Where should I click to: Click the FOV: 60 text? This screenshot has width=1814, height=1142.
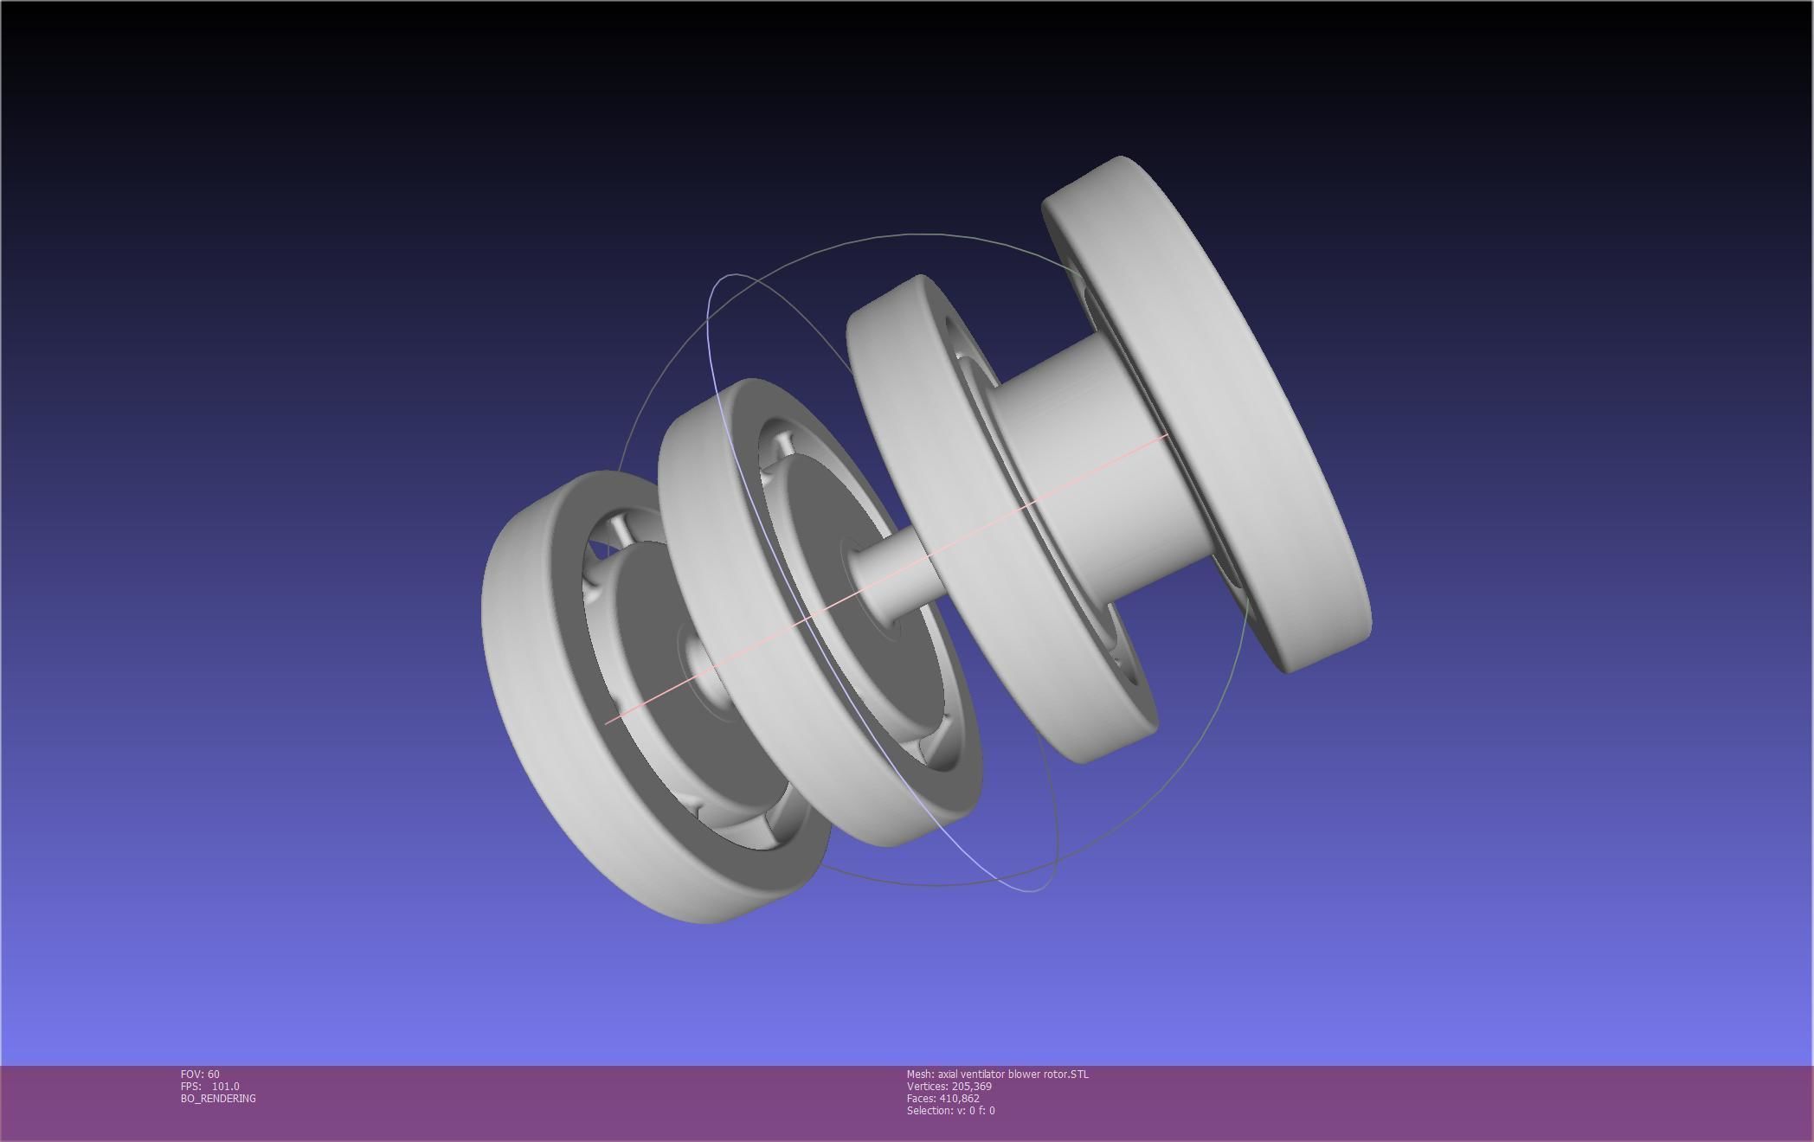[200, 1074]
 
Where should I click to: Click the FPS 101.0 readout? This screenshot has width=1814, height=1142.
[210, 1086]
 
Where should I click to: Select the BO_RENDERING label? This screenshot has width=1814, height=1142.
[218, 1098]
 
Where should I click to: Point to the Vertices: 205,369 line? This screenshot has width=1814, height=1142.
[949, 1086]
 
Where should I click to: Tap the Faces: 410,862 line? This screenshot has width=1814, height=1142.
[942, 1098]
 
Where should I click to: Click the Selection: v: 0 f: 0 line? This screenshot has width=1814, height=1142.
[950, 1110]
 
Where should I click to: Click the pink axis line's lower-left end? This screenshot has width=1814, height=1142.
[608, 722]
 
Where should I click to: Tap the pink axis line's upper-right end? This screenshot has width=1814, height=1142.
[1166, 436]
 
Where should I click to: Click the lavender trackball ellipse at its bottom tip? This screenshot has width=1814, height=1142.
[1034, 890]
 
